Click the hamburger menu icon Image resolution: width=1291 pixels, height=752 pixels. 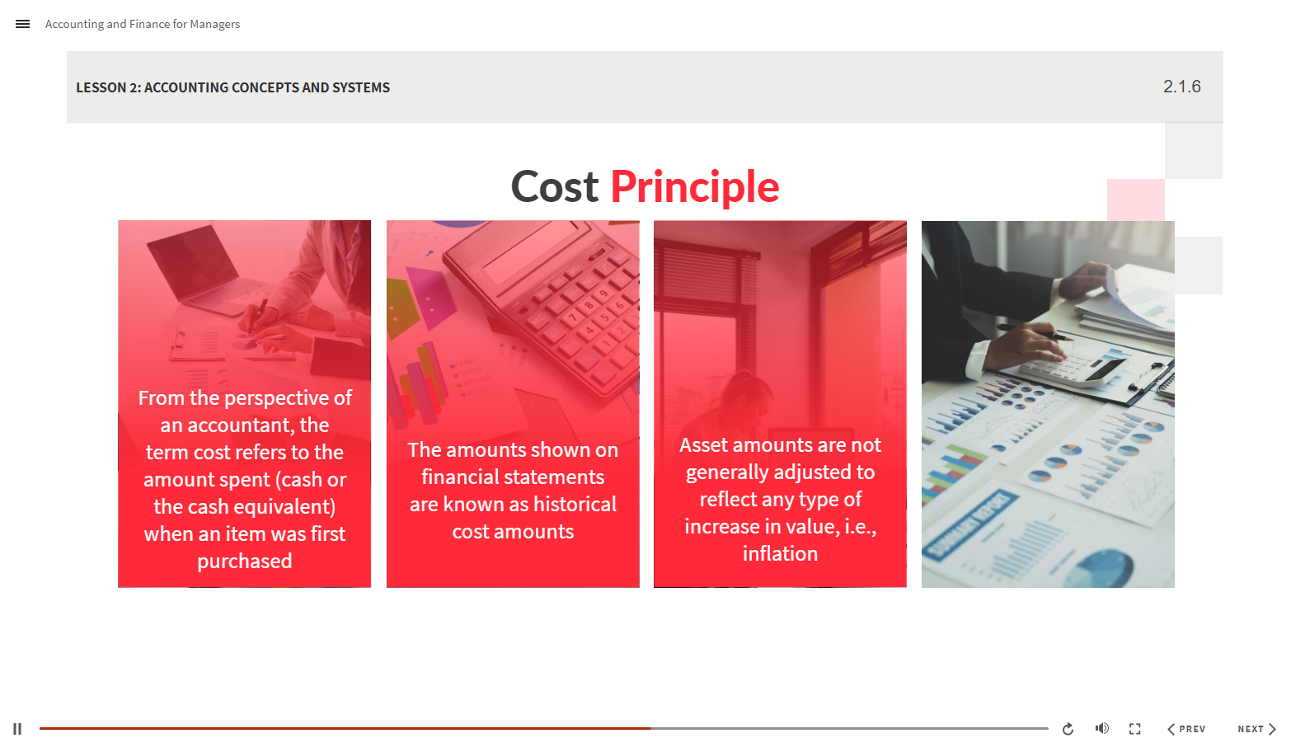click(x=22, y=24)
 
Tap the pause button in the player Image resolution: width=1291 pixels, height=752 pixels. click(x=17, y=729)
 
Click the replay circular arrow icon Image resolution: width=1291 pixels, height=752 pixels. click(x=1068, y=729)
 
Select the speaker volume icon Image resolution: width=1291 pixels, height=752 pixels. click(x=1101, y=728)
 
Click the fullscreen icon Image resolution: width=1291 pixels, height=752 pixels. click(x=1135, y=729)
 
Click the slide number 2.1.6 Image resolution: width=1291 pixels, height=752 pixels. click(x=1181, y=87)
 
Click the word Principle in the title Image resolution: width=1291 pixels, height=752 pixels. click(x=694, y=187)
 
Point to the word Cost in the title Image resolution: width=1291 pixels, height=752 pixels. click(x=555, y=187)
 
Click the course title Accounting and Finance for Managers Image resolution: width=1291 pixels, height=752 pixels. click(x=143, y=24)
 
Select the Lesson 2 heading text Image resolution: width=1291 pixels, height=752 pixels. click(x=232, y=87)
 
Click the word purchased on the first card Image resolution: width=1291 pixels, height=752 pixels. click(x=244, y=562)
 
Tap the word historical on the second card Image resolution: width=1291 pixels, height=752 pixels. click(x=575, y=504)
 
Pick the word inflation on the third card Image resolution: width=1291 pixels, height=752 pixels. click(x=780, y=554)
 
